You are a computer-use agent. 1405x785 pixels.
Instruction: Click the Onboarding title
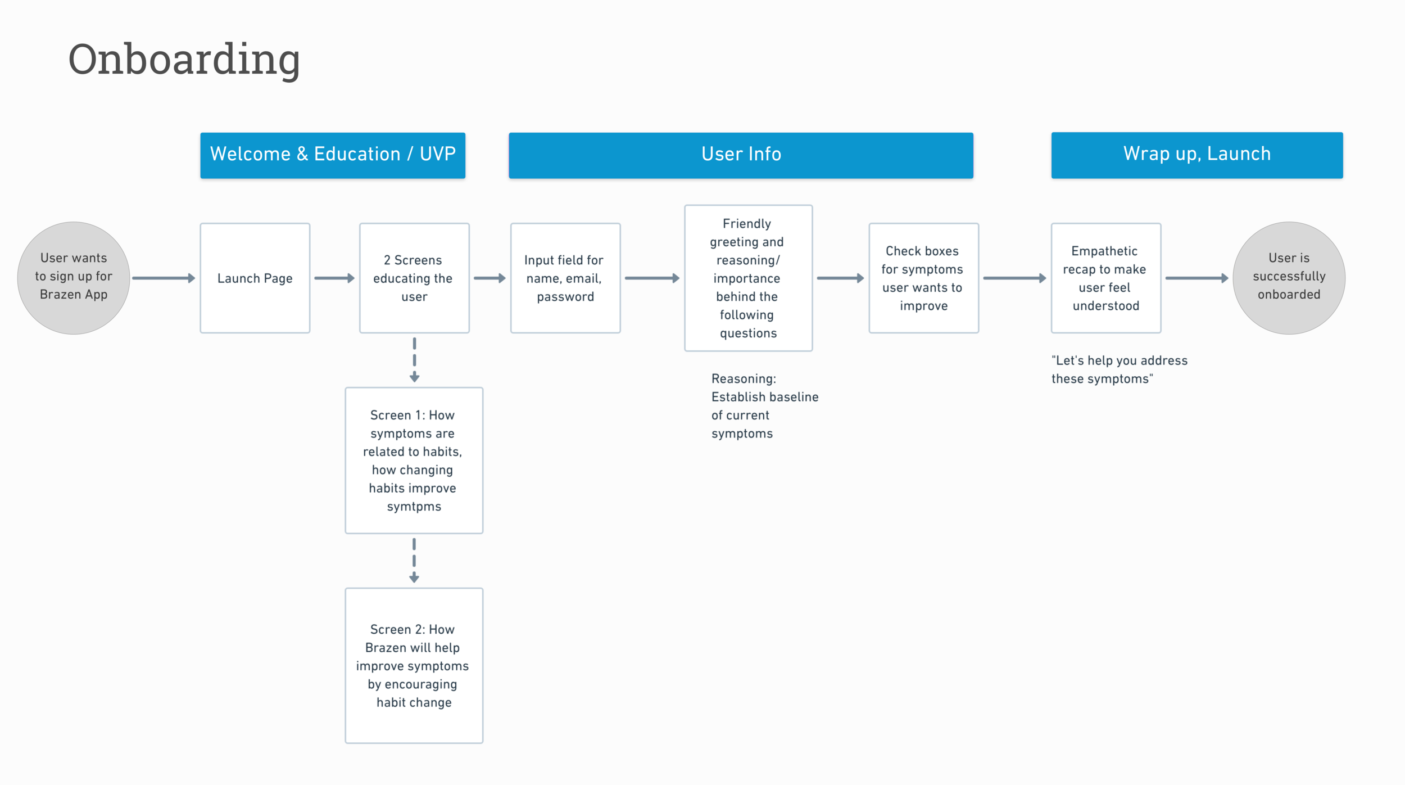click(184, 59)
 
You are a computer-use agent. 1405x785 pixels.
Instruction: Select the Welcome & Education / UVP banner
click(333, 155)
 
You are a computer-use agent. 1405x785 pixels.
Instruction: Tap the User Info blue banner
click(741, 155)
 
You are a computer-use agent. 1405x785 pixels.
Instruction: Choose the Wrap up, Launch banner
click(1196, 155)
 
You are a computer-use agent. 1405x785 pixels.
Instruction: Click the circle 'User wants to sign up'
click(74, 278)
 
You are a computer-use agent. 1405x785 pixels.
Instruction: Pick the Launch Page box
click(255, 278)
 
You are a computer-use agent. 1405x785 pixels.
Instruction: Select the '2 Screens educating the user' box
click(414, 278)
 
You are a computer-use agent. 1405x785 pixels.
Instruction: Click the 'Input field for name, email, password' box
click(565, 278)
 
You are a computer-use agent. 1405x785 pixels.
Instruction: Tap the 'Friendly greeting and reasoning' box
click(748, 278)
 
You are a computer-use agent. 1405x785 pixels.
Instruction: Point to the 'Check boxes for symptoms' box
click(923, 278)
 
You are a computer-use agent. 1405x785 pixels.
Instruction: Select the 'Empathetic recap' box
click(1105, 278)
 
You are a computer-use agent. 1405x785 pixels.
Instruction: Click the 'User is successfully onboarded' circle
click(1289, 278)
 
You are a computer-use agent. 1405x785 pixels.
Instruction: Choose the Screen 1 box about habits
click(414, 460)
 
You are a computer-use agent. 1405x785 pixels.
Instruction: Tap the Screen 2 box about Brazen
click(414, 665)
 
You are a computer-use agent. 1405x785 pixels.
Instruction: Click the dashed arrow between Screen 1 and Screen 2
click(414, 560)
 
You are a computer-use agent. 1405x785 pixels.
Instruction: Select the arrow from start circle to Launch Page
click(164, 278)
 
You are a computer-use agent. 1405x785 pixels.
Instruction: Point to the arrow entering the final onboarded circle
click(1196, 278)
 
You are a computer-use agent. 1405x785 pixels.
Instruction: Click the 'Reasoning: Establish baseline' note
click(764, 405)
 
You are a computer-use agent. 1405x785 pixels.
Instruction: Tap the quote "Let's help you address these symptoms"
click(1119, 369)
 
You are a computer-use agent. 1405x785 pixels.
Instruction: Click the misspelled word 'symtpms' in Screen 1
click(414, 507)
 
